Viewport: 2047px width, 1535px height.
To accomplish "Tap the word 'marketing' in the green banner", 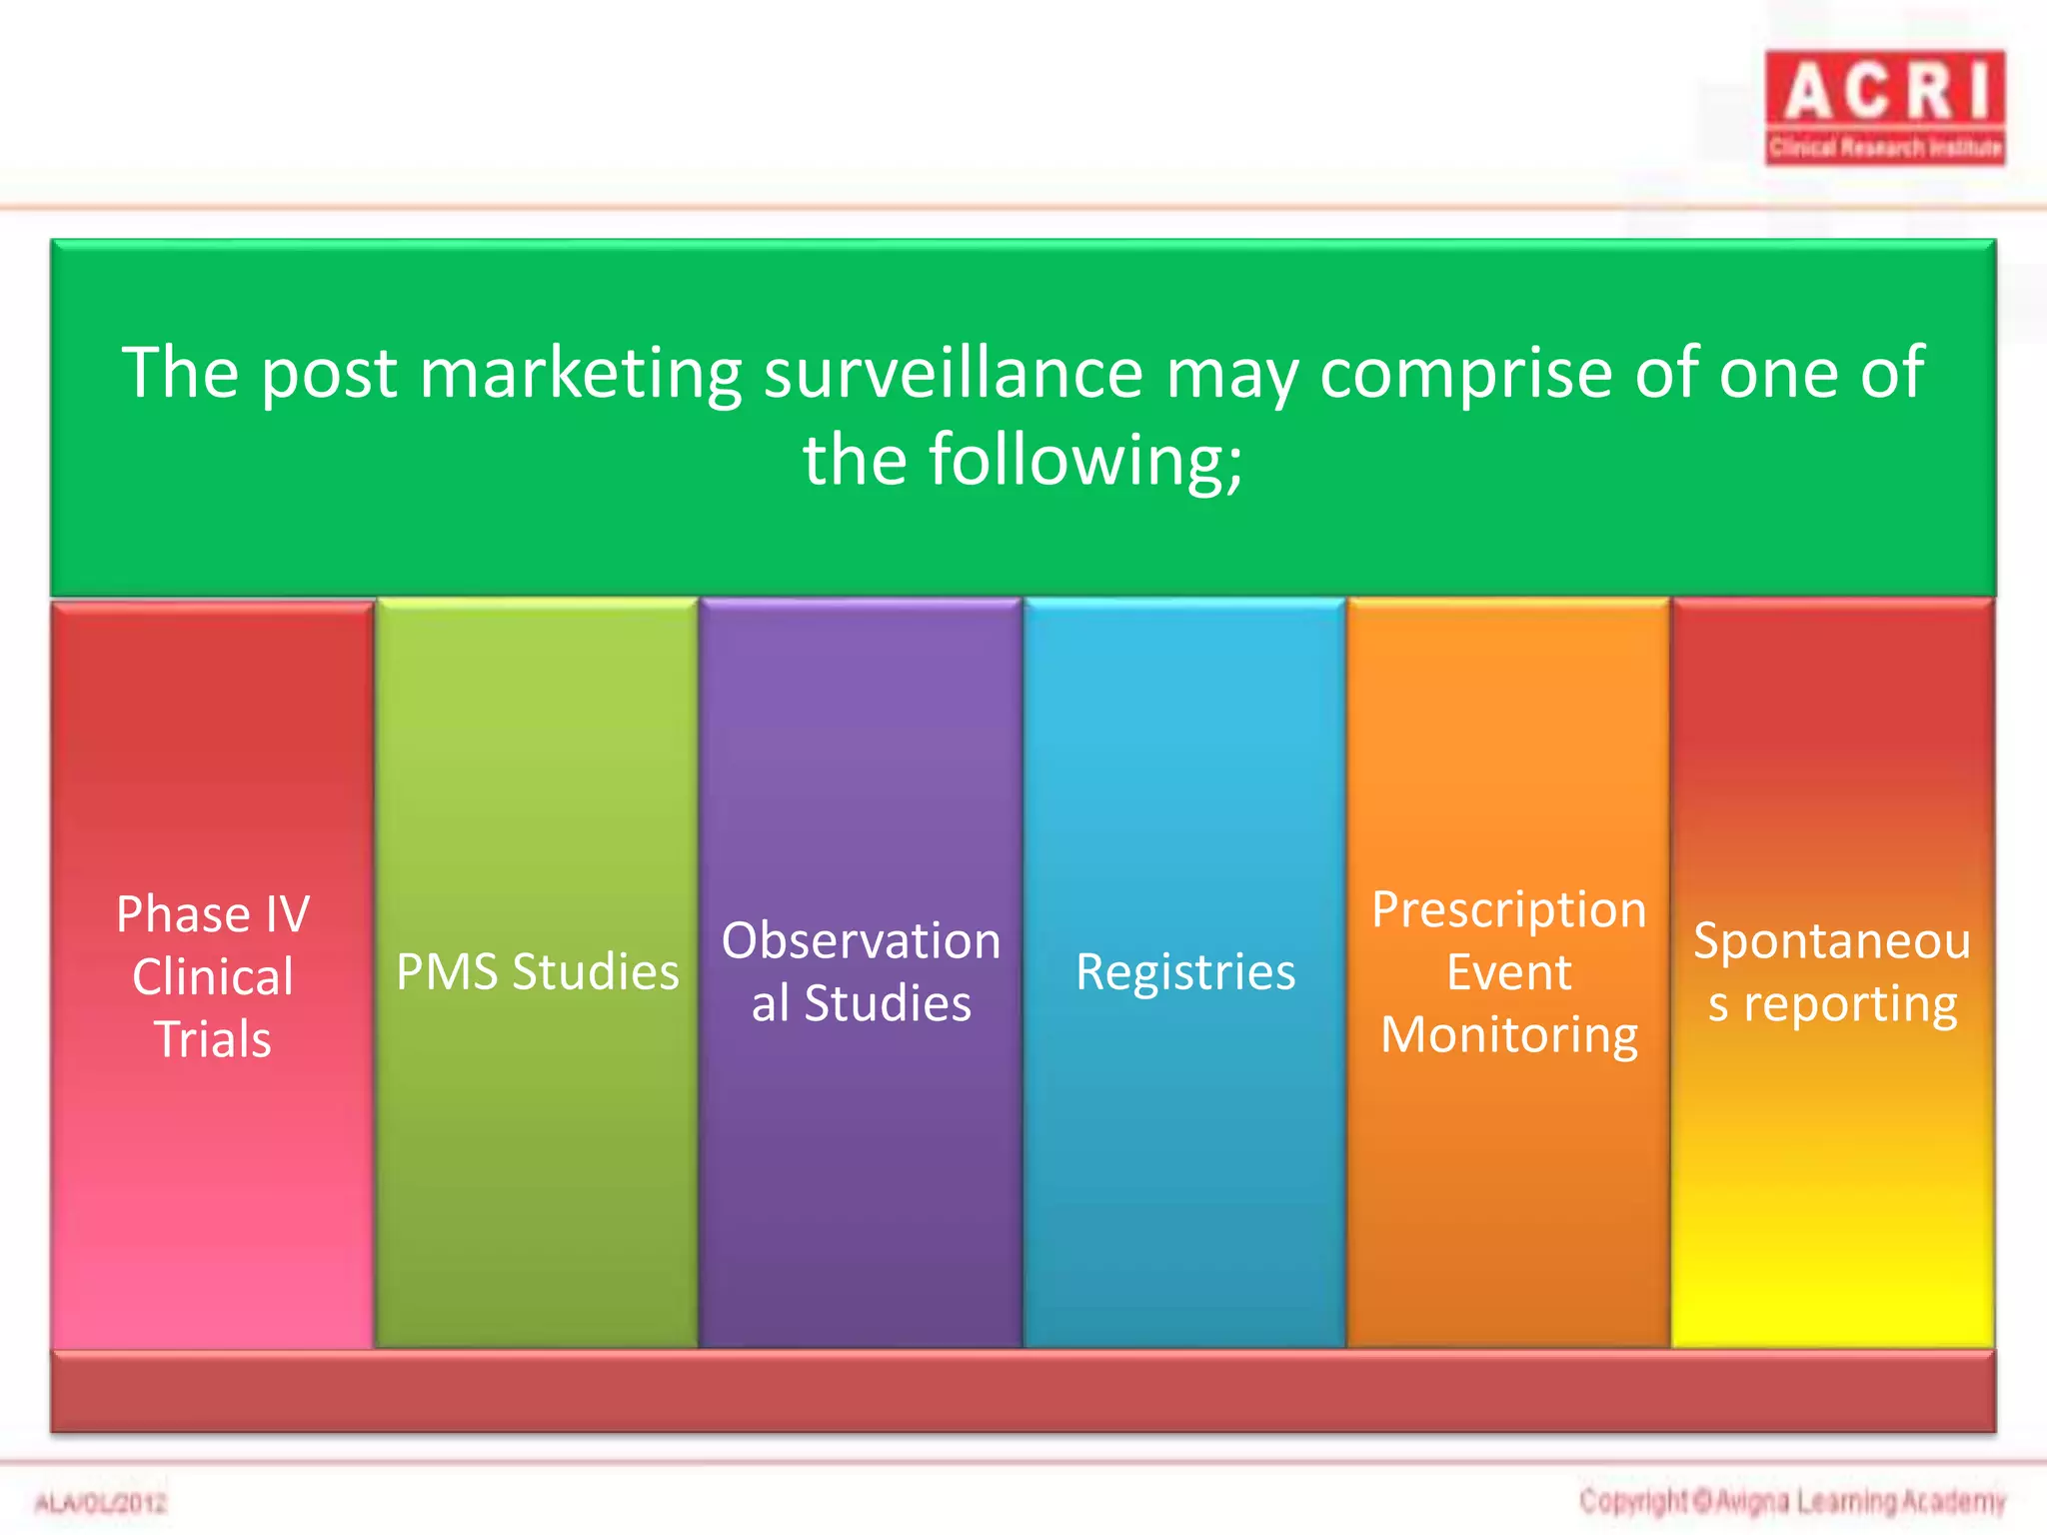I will tap(580, 373).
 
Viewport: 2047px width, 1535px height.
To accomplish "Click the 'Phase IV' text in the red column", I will tap(213, 913).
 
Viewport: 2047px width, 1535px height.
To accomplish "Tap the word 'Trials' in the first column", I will tap(213, 1039).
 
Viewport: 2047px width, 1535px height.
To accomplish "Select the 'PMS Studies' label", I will tap(537, 972).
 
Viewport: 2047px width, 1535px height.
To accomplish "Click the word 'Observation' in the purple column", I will tap(861, 940).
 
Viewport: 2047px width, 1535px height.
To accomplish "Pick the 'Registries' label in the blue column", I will tap(1185, 972).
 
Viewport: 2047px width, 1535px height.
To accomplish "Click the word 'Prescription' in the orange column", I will tap(1508, 909).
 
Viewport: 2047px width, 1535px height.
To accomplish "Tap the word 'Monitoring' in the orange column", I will tap(1508, 1035).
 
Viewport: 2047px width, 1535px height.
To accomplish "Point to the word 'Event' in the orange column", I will tap(1508, 972).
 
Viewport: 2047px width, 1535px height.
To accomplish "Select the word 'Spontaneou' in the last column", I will tap(1831, 940).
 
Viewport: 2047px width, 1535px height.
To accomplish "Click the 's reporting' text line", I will tap(1831, 1004).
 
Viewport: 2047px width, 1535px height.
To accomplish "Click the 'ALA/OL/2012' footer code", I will tap(101, 1503).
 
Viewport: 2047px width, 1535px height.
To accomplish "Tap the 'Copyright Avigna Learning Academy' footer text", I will tap(1792, 1501).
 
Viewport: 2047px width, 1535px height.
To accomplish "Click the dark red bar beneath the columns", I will tap(1023, 1392).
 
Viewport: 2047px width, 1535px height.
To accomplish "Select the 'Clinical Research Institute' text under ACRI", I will tap(1885, 149).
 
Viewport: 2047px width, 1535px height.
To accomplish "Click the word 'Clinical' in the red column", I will tap(213, 976).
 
